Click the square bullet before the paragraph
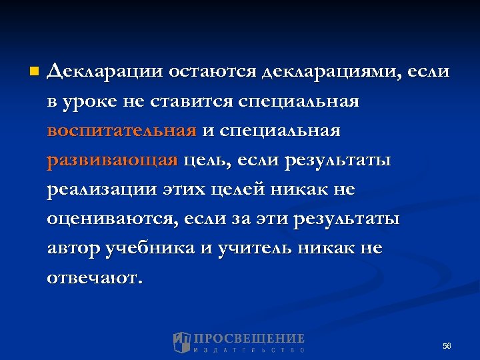coord(34,70)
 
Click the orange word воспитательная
coord(122,131)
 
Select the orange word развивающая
coord(113,161)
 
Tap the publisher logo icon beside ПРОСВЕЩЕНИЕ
coord(181,342)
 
